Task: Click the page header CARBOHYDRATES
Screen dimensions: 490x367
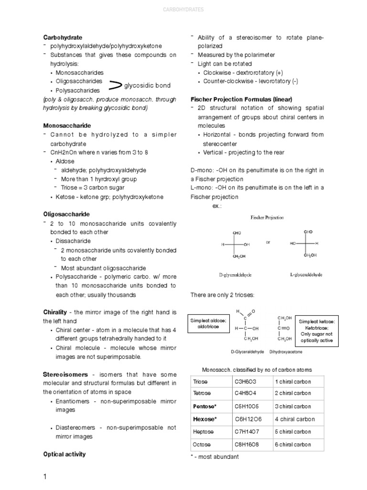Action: pos(183,9)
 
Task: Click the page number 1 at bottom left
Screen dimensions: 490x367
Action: pos(45,477)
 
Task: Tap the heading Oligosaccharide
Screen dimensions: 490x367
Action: pos(66,214)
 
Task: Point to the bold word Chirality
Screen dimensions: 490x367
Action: pos(55,312)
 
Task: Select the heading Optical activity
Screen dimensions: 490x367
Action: pos(65,454)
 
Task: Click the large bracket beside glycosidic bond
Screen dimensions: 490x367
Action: pos(115,86)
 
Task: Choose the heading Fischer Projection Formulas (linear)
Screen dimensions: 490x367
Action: pos(241,99)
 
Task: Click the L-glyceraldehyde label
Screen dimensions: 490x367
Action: pos(306,275)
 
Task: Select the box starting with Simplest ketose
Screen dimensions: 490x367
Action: pos(317,331)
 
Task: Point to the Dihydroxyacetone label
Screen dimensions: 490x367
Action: pos(286,352)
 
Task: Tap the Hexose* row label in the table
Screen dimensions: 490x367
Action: pos(205,419)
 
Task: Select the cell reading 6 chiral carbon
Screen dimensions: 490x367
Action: pos(292,445)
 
